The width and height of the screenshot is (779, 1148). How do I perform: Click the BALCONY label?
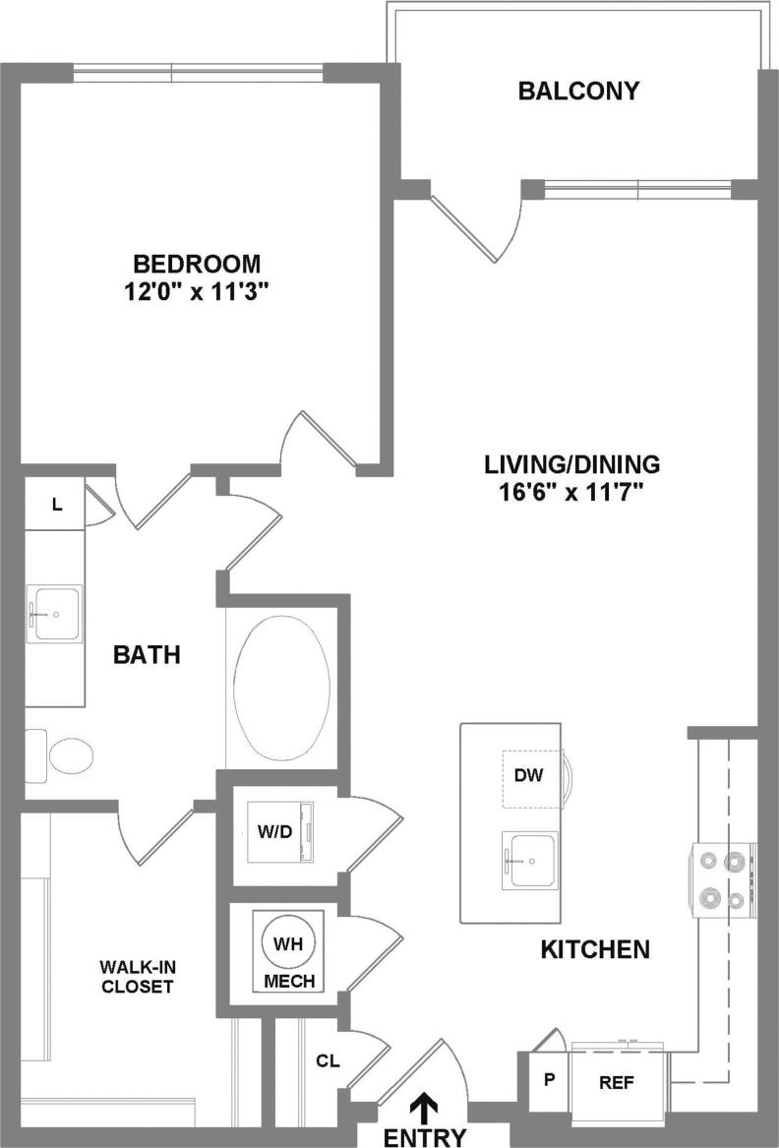click(x=578, y=91)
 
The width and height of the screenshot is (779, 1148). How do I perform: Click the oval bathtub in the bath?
click(x=282, y=688)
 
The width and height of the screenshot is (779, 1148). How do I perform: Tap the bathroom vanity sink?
click(x=54, y=614)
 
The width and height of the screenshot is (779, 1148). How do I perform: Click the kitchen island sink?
click(x=529, y=860)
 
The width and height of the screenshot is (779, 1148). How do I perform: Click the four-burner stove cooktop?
click(x=722, y=878)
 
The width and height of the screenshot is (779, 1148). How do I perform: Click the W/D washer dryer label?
click(x=274, y=830)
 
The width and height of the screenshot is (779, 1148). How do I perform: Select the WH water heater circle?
click(x=287, y=943)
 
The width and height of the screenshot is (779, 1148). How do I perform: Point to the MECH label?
click(x=289, y=981)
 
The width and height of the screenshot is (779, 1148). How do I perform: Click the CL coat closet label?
click(x=328, y=1060)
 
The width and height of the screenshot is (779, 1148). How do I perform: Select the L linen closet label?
click(x=57, y=505)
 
